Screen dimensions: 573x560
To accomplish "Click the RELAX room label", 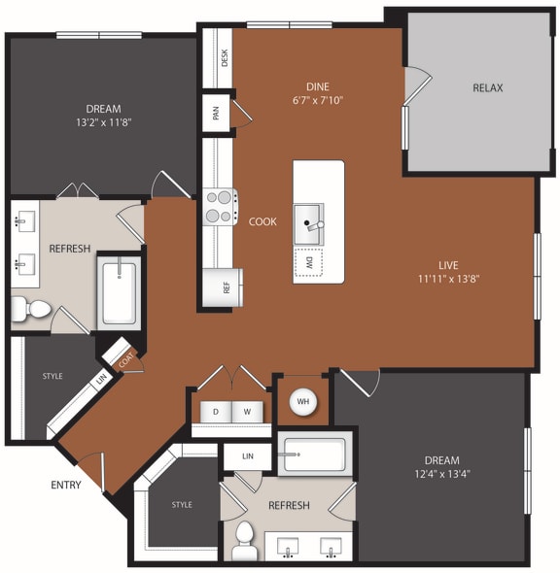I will tap(487, 87).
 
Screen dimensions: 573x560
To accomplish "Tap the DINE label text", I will tap(317, 85).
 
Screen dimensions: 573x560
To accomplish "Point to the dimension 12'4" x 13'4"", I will tap(441, 474).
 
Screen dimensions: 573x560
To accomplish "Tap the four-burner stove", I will tap(220, 206).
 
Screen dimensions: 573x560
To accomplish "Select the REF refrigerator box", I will tap(223, 287).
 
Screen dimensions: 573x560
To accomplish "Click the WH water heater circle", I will tap(301, 401).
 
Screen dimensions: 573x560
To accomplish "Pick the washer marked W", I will tap(248, 411).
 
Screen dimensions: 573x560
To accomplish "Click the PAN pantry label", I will tap(216, 113).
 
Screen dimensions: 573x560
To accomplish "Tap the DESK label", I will tap(225, 58).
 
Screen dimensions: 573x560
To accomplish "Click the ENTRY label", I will tap(66, 484).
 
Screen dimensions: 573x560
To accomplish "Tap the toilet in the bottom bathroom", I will tap(244, 539).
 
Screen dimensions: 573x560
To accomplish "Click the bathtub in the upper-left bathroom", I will tap(121, 291).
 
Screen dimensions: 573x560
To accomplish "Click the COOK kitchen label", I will tap(262, 221).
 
